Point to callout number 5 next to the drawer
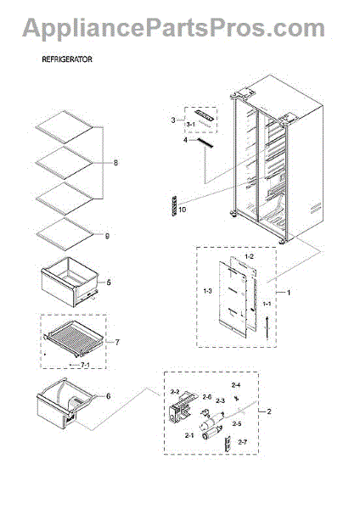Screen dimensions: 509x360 click(x=109, y=281)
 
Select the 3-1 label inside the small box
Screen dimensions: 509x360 click(x=192, y=125)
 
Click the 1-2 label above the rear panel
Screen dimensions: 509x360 click(x=249, y=255)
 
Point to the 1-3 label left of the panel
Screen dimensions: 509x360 click(x=207, y=291)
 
